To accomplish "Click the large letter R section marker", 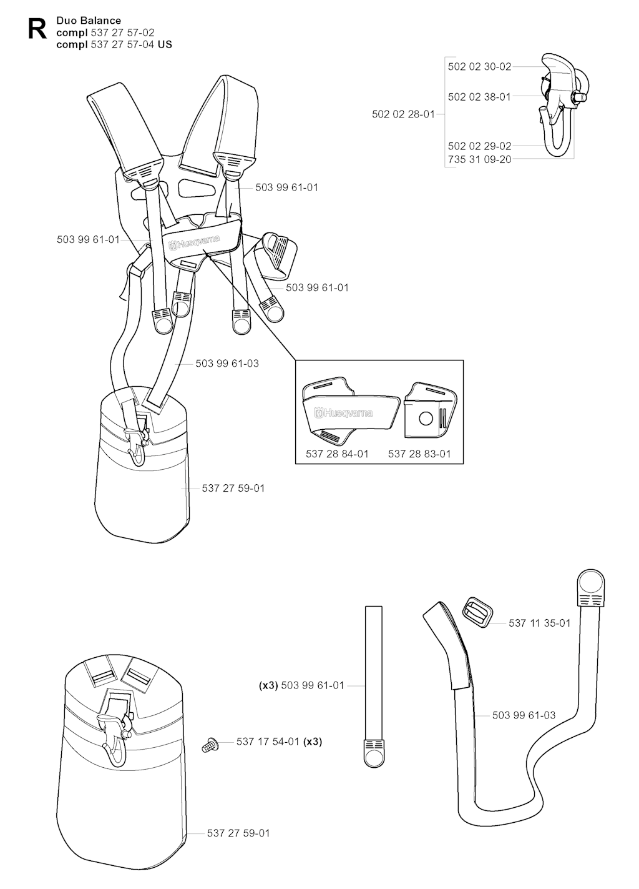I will coord(37,29).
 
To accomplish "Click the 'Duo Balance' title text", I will coord(89,21).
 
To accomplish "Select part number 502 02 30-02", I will coord(479,66).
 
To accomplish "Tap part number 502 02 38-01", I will coord(479,96).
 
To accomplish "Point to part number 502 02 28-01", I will coord(403,114).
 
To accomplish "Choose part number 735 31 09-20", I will coord(479,159).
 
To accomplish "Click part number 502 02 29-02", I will coord(479,146).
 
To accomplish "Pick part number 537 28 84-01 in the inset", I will coord(337,454).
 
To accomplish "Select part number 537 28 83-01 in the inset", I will coord(419,454).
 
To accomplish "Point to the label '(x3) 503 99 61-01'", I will coord(301,685).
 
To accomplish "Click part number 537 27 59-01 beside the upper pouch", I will coord(233,488).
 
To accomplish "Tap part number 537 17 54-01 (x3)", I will coord(279,742).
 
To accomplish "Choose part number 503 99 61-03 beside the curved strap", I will coord(524,715).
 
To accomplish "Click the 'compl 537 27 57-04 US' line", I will coord(114,44).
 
